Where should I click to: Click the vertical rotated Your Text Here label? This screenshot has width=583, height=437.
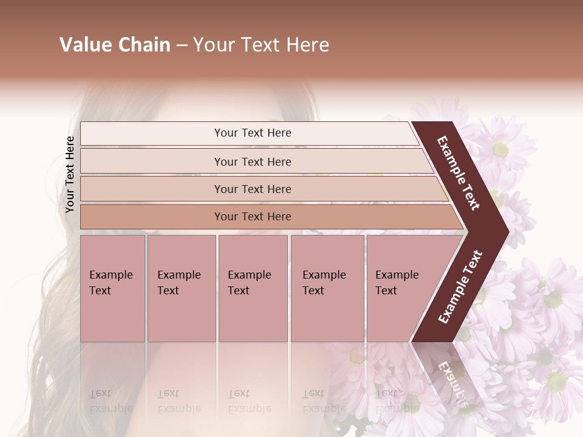point(70,175)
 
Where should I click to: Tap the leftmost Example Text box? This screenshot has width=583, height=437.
point(112,288)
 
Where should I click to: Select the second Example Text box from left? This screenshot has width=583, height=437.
point(182,288)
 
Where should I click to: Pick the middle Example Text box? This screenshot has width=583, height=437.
point(253,288)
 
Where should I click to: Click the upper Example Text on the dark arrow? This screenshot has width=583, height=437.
point(459,173)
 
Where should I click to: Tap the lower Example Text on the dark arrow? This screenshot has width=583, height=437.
point(460,286)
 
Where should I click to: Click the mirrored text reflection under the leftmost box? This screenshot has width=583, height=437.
point(111,401)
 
